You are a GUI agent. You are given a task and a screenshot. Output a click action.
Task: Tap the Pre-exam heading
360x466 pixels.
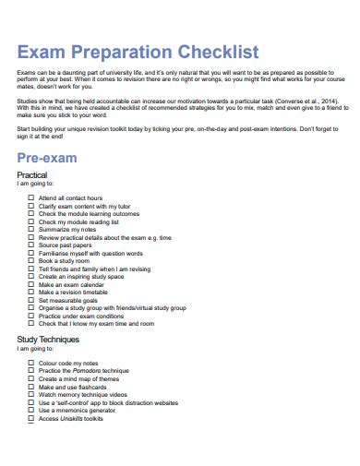tap(46, 158)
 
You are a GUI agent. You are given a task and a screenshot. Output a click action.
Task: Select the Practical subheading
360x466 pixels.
tap(32, 175)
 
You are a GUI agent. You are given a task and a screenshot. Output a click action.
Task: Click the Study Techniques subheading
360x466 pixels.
tap(48, 339)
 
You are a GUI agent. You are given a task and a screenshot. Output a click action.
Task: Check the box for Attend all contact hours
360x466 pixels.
tap(30, 197)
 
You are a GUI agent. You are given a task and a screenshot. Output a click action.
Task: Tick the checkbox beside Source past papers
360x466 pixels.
tap(30, 245)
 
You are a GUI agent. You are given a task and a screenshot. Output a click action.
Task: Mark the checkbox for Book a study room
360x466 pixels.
tap(30, 261)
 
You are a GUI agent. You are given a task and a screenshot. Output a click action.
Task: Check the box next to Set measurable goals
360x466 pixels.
tap(30, 301)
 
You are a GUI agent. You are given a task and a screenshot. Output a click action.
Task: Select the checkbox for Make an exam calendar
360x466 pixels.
tap(30, 285)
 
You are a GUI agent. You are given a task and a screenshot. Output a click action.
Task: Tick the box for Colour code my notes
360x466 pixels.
tap(30, 363)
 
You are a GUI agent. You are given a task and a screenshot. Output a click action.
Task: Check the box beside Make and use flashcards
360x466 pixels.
tap(30, 387)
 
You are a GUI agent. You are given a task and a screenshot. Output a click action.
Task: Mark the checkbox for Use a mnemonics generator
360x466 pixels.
tap(30, 411)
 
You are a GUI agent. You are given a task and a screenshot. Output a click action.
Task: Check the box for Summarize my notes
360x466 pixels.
tap(30, 229)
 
